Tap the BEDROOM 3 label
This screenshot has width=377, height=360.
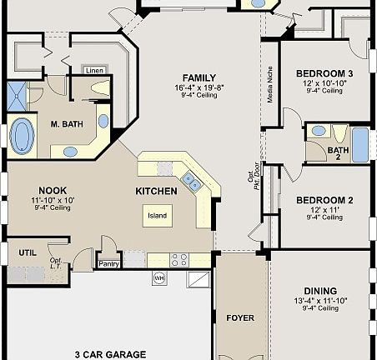point(324,73)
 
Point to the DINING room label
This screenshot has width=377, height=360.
point(321,291)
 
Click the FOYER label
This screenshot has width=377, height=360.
point(241,317)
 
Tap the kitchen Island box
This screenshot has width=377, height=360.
point(158,216)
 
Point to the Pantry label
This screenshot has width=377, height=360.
point(109,264)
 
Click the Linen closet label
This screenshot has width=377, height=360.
point(95,71)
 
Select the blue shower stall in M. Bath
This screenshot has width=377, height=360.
point(17,96)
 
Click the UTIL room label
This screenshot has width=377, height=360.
point(28,251)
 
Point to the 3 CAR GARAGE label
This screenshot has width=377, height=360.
point(109,353)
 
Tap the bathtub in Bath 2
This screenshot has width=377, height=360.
point(359,145)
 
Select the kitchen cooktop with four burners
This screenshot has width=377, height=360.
point(179,259)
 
